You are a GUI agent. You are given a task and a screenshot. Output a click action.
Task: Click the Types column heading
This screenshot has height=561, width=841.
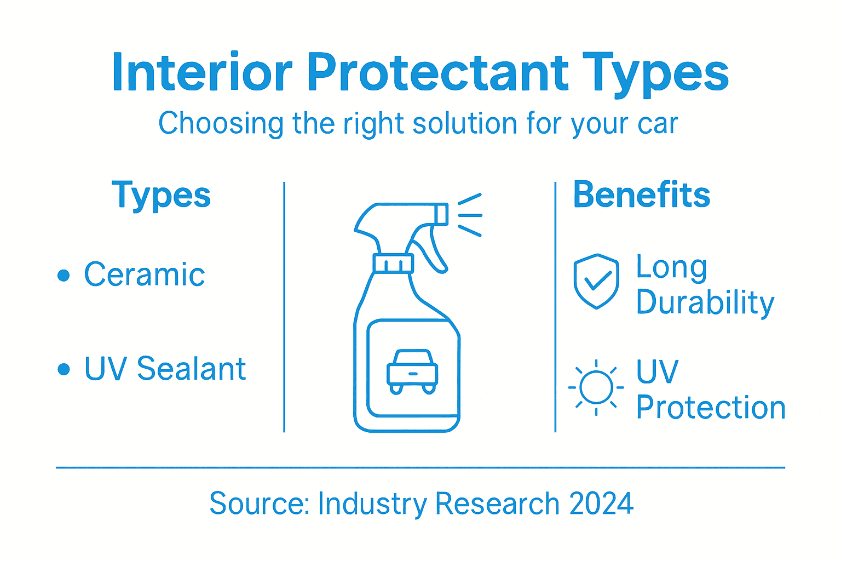pos(161,196)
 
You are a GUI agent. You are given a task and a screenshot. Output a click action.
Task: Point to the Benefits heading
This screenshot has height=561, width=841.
pos(641,195)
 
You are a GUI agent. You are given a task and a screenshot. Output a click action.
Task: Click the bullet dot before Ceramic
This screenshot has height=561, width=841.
pos(64,275)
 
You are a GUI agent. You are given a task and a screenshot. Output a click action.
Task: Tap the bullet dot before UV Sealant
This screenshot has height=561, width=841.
pos(64,369)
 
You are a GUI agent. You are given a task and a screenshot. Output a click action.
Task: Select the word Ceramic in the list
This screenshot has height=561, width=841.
pos(145,274)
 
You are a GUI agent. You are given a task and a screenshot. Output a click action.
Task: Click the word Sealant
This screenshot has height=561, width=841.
pos(191,368)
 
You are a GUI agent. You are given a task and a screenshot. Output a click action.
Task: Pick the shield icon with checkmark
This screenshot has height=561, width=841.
pos(596,282)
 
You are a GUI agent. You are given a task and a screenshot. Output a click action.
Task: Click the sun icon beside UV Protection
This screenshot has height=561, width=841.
pos(596,387)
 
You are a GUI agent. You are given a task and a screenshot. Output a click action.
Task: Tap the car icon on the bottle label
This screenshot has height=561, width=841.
pos(412,371)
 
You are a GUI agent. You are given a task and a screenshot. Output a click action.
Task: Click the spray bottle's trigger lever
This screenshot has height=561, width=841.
pos(430,249)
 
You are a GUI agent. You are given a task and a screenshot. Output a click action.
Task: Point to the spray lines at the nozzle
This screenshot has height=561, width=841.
pos(470,215)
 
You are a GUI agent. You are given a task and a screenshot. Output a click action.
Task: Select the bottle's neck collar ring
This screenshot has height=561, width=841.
pos(393,264)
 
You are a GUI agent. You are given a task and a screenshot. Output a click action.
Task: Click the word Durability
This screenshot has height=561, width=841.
pos(705,303)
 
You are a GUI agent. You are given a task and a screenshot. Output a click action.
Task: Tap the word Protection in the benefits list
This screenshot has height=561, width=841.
pos(711,408)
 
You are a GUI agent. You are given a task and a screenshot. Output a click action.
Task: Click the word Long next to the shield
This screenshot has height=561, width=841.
pos(671,268)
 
